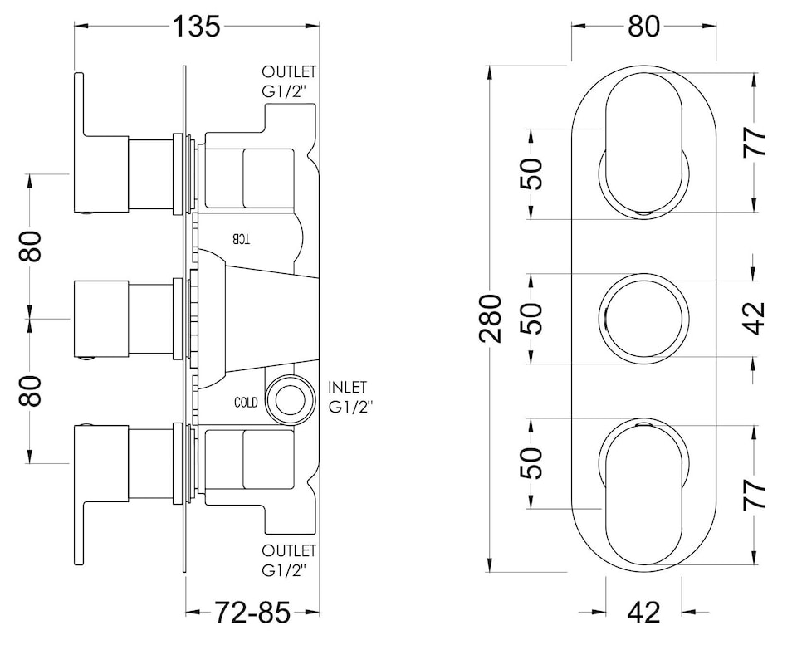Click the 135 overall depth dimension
pos(198,26)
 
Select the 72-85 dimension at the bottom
pos(253,613)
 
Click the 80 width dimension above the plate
pos(643,26)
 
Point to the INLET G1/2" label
pos(351,397)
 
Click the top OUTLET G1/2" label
pos(289,81)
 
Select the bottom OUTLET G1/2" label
pos(289,559)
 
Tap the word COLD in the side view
pos(247,403)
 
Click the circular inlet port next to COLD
pos(289,398)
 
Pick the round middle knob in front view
pos(643,319)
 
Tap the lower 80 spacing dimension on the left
pos(31,389)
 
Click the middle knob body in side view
pos(101,319)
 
